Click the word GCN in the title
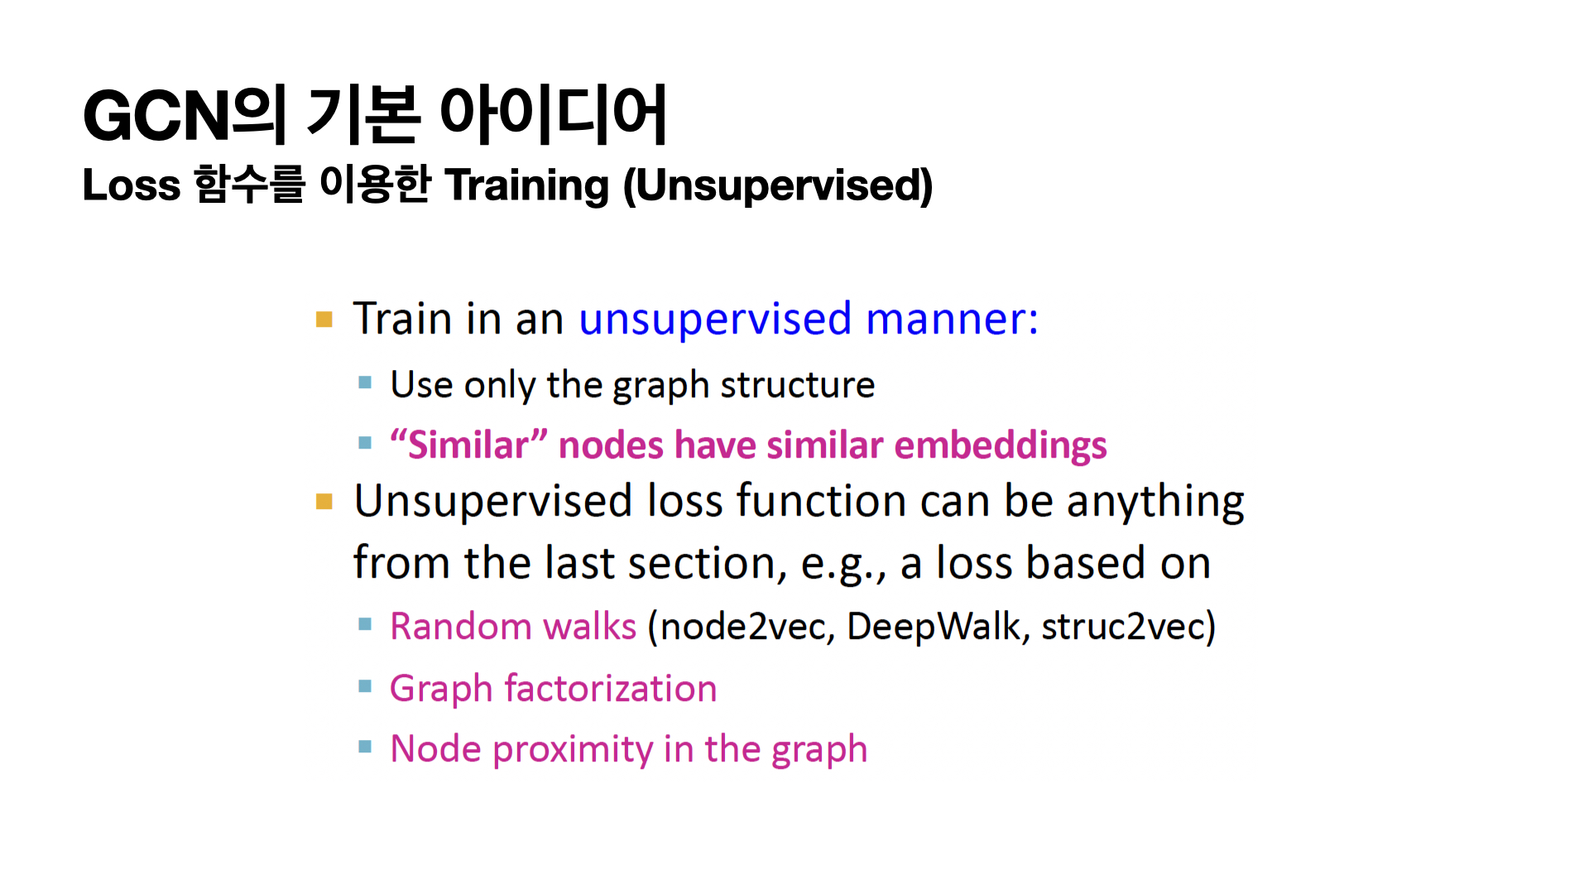pos(156,116)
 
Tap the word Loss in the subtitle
pos(132,185)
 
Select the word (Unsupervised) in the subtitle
pos(778,185)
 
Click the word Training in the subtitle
pos(527,185)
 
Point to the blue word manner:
pos(952,319)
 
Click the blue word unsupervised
pos(715,320)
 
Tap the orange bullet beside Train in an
pos(324,320)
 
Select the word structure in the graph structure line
pos(797,385)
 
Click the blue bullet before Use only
pos(365,382)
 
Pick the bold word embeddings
pos(1001,446)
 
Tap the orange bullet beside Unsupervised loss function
pos(324,502)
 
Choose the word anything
pos(1155,502)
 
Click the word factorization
pos(611,689)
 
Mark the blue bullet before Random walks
pos(365,624)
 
